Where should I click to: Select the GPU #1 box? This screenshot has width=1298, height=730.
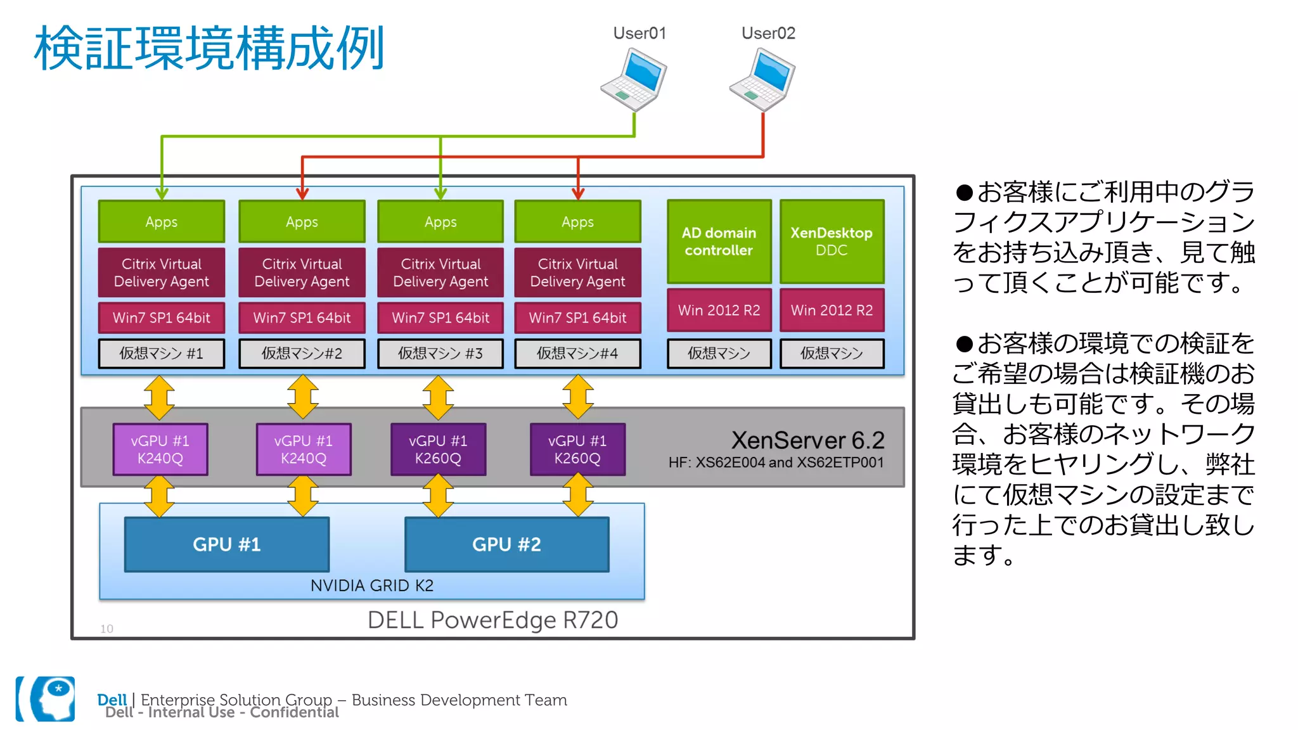(x=227, y=544)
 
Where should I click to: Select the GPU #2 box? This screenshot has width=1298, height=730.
(x=506, y=544)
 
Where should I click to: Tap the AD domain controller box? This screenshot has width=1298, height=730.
(x=719, y=241)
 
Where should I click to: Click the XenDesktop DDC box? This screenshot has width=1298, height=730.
(x=832, y=241)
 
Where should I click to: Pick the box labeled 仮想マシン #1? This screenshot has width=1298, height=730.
(x=162, y=354)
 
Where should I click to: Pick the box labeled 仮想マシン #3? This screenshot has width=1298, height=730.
(x=440, y=354)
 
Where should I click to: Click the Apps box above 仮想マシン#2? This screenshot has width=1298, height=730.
(x=302, y=222)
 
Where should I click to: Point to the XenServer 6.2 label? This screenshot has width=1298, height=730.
(x=807, y=440)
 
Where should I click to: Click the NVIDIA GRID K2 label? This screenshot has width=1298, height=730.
(x=372, y=586)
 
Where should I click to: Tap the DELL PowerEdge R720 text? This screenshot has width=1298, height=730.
(x=492, y=620)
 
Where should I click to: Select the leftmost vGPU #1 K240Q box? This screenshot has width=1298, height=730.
(x=160, y=449)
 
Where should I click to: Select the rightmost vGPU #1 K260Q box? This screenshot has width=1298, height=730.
(x=577, y=449)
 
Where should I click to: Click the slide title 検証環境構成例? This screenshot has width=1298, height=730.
(x=209, y=49)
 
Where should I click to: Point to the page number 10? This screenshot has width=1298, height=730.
(x=106, y=629)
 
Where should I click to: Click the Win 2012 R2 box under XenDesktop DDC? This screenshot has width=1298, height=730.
(x=832, y=310)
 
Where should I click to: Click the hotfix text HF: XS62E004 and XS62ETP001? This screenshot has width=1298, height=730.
(x=776, y=463)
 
